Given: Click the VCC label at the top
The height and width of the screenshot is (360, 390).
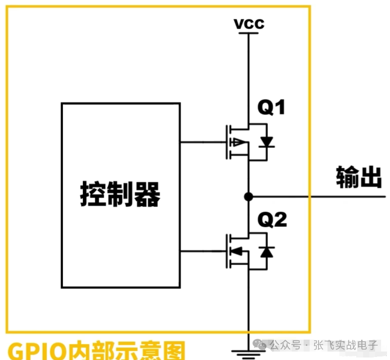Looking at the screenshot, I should click(250, 23).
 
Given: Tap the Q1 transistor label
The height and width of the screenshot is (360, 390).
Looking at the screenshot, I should click(271, 107).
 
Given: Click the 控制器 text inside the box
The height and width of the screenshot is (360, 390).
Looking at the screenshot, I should click(121, 194).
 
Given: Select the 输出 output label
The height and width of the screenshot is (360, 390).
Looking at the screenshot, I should click(359, 177).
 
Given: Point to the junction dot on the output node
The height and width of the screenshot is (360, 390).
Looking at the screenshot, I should click(249, 197).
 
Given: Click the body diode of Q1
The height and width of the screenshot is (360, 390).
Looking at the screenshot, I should click(267, 143).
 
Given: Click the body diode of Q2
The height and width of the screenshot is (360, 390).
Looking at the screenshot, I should click(267, 252).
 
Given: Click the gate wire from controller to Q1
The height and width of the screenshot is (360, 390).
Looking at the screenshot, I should click(201, 142).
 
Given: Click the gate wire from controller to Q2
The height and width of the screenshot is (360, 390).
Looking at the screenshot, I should click(201, 251).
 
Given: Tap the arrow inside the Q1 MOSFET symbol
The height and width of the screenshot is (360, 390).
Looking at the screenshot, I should click(240, 143).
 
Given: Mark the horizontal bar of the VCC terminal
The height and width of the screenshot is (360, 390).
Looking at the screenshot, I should click(249, 33).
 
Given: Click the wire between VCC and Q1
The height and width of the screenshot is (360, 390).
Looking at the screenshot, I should click(249, 74).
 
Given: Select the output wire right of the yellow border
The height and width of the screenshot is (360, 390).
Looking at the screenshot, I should click(347, 197).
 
